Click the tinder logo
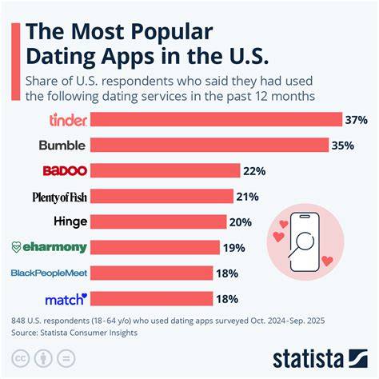point(68,120)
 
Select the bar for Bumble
point(209,145)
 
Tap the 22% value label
point(254,171)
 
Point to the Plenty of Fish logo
point(60,197)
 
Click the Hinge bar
point(158,222)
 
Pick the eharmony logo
point(50,247)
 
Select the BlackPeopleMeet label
point(49,273)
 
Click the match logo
point(66,299)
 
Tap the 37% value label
point(357,120)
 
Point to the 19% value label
point(234,248)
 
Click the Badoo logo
point(65,170)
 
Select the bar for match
point(151,299)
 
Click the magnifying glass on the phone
point(302,244)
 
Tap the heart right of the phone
point(327,261)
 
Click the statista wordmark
point(308,359)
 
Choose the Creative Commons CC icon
point(20,358)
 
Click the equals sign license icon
point(66,358)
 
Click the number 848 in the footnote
point(18,321)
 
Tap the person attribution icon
point(43,358)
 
